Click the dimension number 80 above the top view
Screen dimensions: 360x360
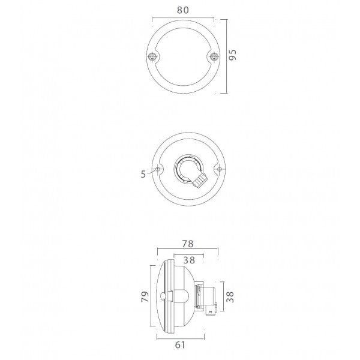pos(182,10)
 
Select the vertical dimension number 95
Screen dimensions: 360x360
pos(234,56)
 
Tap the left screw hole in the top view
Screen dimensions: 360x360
pos(153,57)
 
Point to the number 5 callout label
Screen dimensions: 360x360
pos(143,175)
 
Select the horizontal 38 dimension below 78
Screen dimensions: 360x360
pos(188,261)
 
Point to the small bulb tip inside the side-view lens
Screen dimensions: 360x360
pos(166,295)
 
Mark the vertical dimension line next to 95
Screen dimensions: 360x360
pos(226,56)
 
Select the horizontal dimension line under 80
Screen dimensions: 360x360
pos(182,17)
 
